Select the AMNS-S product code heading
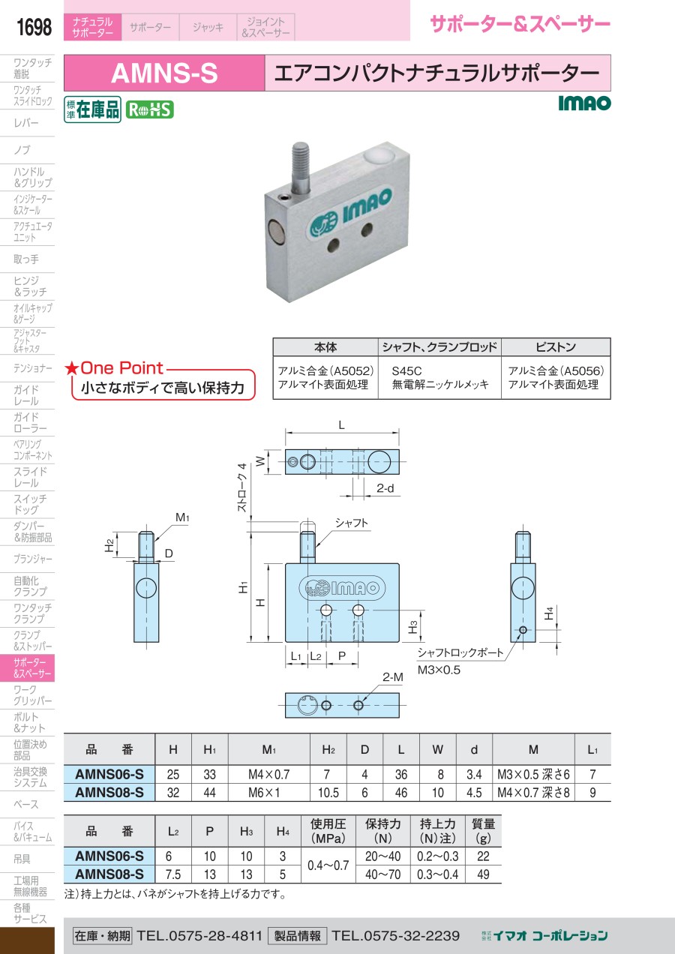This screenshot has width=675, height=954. (x=164, y=73)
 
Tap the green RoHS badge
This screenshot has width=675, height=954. (x=149, y=109)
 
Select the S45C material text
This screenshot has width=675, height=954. (x=407, y=370)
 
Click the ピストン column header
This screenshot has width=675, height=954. (x=556, y=347)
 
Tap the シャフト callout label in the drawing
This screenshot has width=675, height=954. (x=352, y=523)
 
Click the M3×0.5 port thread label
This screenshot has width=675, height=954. (x=439, y=669)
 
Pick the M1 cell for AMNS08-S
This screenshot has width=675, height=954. (x=268, y=793)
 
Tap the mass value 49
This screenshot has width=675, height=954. (x=483, y=874)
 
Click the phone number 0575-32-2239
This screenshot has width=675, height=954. (x=395, y=935)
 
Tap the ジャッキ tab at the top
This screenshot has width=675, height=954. (x=208, y=28)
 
